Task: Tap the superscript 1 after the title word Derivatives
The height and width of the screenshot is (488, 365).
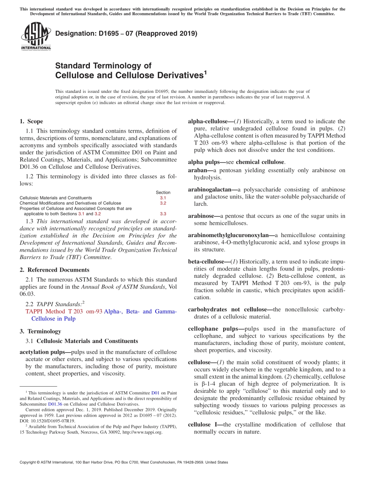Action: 205,72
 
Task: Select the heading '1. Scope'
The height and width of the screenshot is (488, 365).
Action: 31,121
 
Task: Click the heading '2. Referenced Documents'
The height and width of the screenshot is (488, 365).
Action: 54,270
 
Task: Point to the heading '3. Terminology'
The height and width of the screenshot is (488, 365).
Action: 40,331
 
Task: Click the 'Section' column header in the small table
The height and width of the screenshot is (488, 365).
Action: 163,192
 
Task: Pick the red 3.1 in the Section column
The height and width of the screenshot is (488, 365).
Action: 163,198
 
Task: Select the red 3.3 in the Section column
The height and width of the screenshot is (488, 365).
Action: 163,214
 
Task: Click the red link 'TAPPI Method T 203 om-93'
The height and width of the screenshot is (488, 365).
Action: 64,312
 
